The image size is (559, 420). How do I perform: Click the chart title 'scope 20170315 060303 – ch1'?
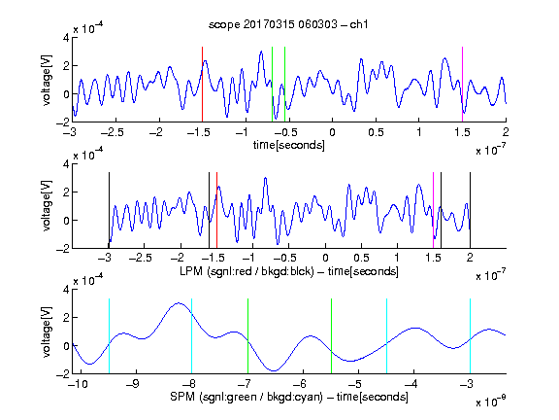[x=288, y=24]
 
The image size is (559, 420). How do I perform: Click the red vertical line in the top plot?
[x=202, y=85]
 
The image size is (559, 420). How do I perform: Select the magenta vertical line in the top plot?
[x=462, y=85]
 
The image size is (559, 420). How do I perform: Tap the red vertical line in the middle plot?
[x=216, y=210]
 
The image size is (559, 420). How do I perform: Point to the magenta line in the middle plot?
[x=434, y=210]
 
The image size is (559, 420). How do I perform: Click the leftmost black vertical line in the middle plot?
[x=109, y=210]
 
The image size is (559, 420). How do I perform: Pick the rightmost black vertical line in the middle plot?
[x=470, y=210]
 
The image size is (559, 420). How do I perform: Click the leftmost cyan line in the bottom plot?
[x=109, y=336]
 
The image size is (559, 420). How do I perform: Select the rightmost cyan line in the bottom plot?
[x=471, y=336]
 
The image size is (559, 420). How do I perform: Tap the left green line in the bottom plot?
[x=247, y=336]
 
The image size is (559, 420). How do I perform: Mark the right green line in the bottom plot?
[x=332, y=336]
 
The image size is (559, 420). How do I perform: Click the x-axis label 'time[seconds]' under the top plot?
[x=289, y=145]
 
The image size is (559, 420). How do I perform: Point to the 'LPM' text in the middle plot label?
[x=191, y=271]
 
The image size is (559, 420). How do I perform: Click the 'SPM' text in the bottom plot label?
[x=182, y=397]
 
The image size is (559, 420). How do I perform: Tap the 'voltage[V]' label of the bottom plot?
[x=47, y=332]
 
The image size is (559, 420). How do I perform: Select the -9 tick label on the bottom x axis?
[x=133, y=384]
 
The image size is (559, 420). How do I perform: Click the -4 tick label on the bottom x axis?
[x=411, y=384]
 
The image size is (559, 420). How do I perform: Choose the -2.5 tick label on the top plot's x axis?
[x=112, y=132]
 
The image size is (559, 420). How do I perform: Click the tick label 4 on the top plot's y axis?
[x=66, y=37]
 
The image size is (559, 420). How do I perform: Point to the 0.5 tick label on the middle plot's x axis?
[x=361, y=258]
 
